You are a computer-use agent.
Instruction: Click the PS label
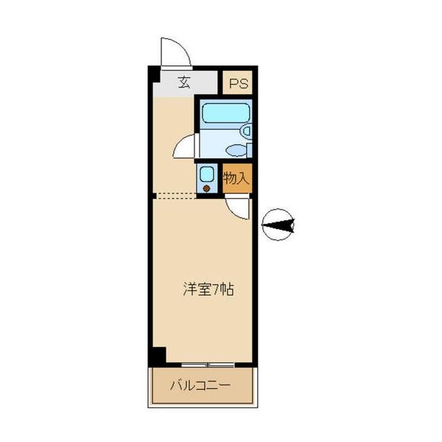pos(237,83)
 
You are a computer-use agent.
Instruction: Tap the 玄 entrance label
pos(184,83)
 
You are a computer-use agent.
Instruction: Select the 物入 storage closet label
pos(237,178)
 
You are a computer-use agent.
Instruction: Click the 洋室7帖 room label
pos(208,290)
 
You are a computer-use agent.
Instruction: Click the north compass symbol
pos(278,225)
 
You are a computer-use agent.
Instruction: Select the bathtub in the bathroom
pos(225,113)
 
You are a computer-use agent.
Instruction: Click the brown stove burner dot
pos(207,188)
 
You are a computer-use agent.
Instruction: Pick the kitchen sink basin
pos(207,174)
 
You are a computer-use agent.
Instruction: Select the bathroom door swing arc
pos(184,145)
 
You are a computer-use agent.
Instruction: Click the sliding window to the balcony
pos(208,365)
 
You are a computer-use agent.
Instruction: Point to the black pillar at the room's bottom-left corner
pos(157,355)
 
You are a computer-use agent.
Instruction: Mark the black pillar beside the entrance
pos(153,76)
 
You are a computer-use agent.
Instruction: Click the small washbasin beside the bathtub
pos(247,131)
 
